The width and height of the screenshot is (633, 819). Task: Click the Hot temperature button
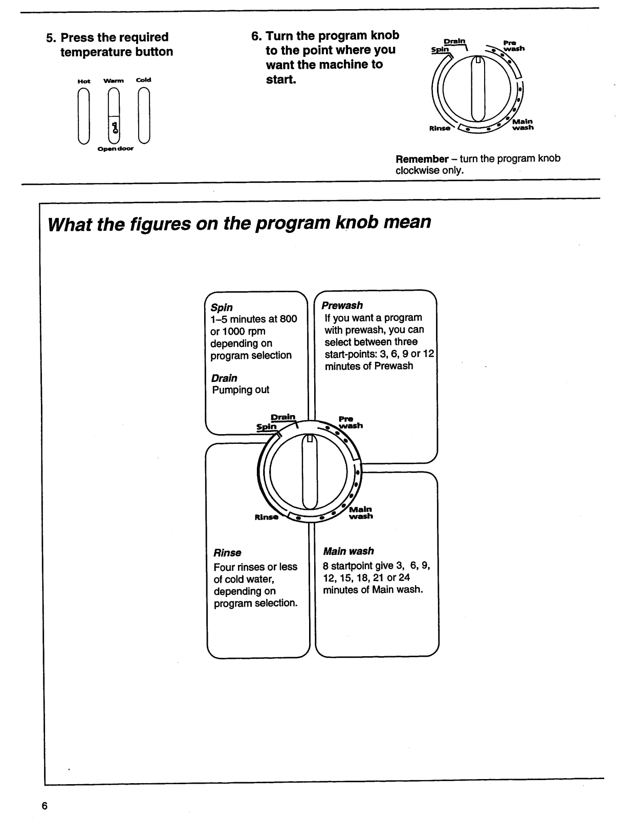(84, 116)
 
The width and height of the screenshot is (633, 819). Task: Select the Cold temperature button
(144, 116)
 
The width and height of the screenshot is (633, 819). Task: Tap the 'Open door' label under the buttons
(116, 149)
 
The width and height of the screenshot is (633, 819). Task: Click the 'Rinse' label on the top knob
(440, 128)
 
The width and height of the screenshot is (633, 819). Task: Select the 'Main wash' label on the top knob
(522, 124)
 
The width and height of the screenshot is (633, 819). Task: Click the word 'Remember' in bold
(422, 159)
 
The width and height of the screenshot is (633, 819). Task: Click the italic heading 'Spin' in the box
(222, 308)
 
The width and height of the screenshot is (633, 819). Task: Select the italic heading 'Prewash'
(342, 306)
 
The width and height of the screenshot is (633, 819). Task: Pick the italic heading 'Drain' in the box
(224, 378)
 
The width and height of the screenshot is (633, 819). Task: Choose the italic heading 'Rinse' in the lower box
(227, 553)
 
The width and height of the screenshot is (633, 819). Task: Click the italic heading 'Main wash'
(348, 551)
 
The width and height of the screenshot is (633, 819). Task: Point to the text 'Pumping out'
(241, 390)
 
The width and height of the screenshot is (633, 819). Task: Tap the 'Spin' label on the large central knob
(266, 426)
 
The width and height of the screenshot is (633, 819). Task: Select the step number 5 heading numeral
(50, 37)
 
